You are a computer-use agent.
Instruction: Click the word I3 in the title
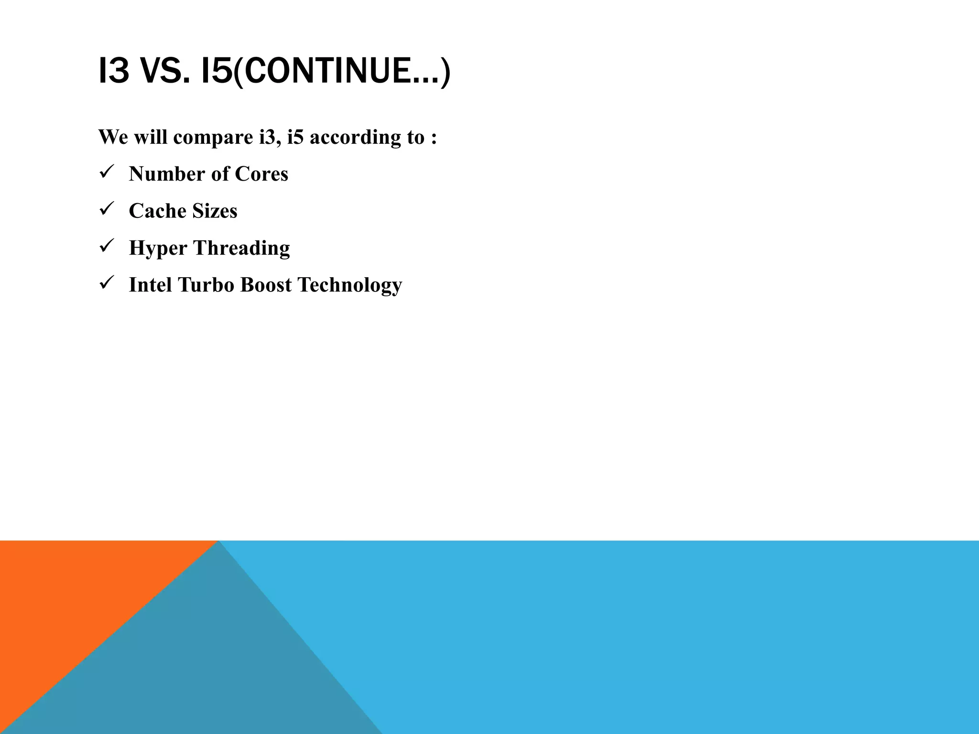pos(114,70)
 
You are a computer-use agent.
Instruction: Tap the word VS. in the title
pos(164,70)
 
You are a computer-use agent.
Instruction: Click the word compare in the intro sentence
pos(213,138)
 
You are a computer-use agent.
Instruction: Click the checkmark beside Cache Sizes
pos(106,208)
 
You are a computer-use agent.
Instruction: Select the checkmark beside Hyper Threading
pos(106,246)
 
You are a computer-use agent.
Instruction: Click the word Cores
pos(261,174)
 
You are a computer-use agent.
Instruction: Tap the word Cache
pos(157,211)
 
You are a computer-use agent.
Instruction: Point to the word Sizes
pos(215,211)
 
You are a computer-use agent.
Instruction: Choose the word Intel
pos(150,285)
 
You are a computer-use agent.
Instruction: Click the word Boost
pos(266,285)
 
